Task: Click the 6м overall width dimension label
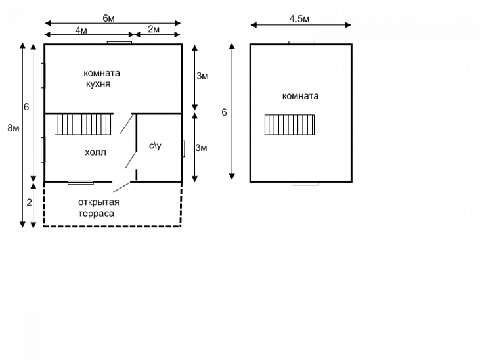108,18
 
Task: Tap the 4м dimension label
81,30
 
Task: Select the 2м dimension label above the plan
153,30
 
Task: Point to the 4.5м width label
299,19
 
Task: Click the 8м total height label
12,127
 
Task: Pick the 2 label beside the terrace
29,202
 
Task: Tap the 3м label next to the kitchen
202,77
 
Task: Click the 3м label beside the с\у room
202,148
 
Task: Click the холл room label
95,152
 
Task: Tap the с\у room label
155,145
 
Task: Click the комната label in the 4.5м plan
300,96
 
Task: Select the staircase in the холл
84,124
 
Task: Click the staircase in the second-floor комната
290,124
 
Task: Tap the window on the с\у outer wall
183,148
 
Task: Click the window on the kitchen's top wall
120,43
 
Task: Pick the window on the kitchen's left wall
43,75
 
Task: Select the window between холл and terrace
81,182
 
